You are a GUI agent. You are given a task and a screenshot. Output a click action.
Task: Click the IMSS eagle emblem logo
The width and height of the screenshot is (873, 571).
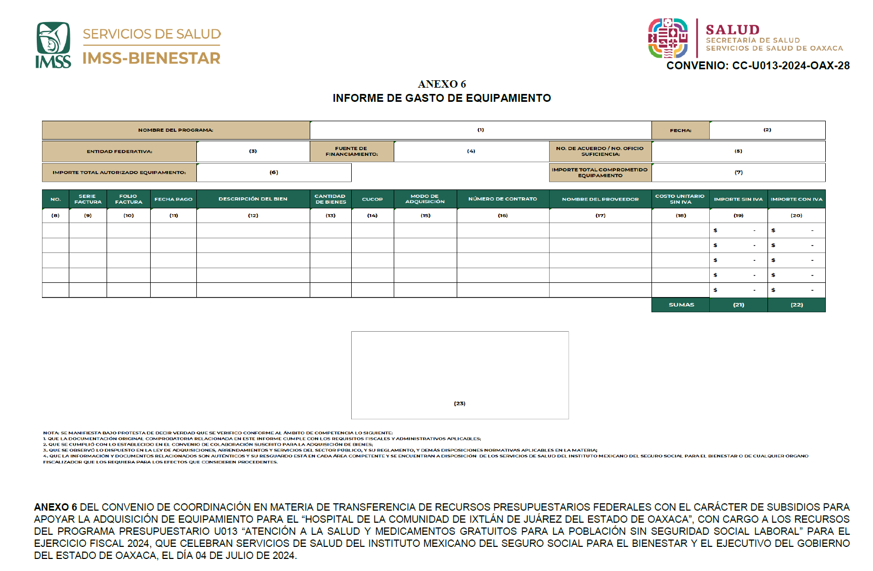pyautogui.click(x=53, y=45)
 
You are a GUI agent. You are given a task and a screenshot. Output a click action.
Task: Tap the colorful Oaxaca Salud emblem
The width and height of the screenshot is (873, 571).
pyautogui.click(x=668, y=38)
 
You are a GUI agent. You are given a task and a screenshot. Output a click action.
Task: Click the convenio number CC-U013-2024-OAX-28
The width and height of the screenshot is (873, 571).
pyautogui.click(x=758, y=66)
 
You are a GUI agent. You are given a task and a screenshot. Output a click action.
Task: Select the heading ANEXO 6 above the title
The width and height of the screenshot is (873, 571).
pyautogui.click(x=441, y=84)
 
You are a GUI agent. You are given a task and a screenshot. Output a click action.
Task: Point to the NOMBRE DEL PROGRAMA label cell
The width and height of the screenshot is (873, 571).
pyautogui.click(x=175, y=130)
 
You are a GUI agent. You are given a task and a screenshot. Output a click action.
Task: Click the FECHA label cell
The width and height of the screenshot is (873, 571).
pyautogui.click(x=680, y=130)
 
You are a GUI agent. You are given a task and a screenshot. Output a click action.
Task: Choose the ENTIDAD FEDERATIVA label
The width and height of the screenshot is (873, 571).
pyautogui.click(x=119, y=152)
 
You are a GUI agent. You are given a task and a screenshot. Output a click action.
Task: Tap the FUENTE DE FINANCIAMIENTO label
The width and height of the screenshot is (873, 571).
pyautogui.click(x=351, y=152)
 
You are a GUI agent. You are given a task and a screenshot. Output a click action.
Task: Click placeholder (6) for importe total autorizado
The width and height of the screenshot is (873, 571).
pyautogui.click(x=274, y=172)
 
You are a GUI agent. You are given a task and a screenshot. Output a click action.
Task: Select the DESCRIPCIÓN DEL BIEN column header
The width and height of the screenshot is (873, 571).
pyautogui.click(x=253, y=199)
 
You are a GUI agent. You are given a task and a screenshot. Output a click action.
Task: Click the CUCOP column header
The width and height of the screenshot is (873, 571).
pyautogui.click(x=372, y=199)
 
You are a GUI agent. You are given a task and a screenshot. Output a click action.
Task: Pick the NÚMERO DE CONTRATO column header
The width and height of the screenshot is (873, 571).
pyautogui.click(x=502, y=199)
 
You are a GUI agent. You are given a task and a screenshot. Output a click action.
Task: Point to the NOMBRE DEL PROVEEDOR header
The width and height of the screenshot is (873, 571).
pyautogui.click(x=600, y=199)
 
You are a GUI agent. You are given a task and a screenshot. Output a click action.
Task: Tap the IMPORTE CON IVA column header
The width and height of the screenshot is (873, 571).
pyautogui.click(x=796, y=199)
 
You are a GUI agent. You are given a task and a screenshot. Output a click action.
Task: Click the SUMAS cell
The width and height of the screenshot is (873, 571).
pyautogui.click(x=681, y=305)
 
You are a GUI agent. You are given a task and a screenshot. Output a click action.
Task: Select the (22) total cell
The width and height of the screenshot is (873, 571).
pyautogui.click(x=796, y=305)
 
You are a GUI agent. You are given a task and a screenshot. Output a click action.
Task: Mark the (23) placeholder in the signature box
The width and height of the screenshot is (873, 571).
pyautogui.click(x=459, y=404)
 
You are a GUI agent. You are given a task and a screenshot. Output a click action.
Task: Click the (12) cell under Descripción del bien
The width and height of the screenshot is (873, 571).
pyautogui.click(x=253, y=216)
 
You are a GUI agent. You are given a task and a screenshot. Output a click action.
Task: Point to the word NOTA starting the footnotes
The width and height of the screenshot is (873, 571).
pyautogui.click(x=51, y=433)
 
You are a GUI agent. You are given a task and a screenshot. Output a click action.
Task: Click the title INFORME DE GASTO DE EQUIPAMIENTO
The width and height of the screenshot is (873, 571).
pyautogui.click(x=441, y=98)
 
